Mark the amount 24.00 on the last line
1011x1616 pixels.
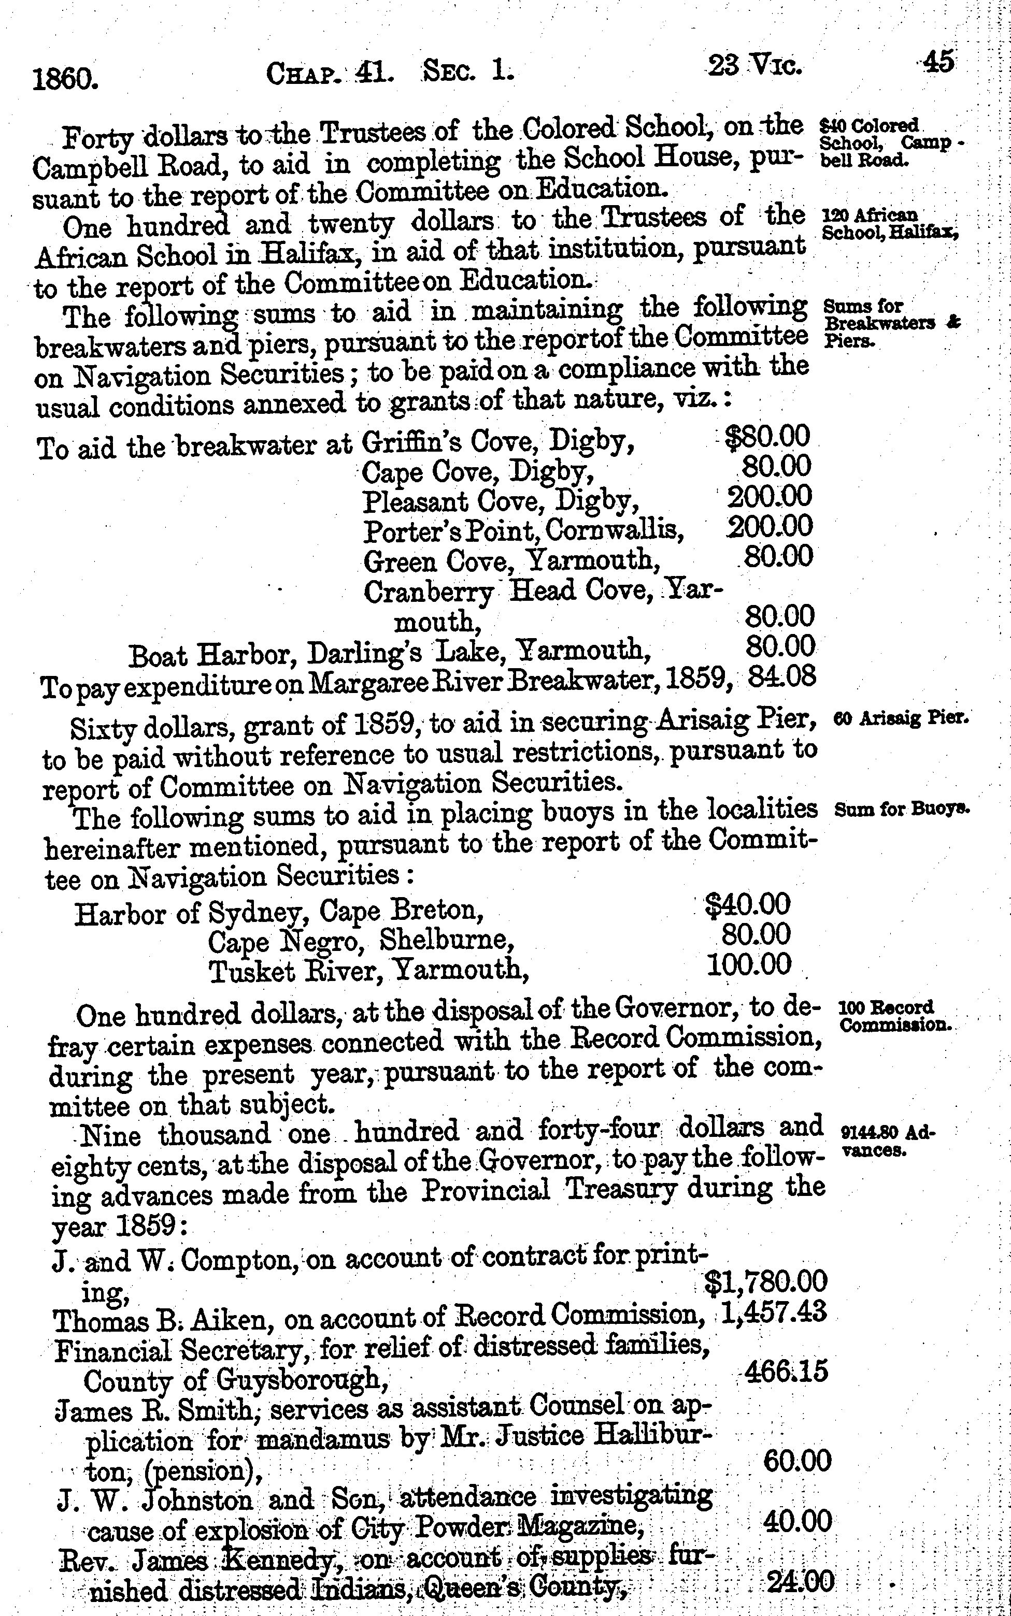(800, 1582)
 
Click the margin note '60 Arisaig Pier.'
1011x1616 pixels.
(901, 719)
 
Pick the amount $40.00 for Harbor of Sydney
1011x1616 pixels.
(748, 905)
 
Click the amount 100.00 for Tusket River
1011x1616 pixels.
(749, 964)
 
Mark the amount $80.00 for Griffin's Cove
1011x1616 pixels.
(767, 437)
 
